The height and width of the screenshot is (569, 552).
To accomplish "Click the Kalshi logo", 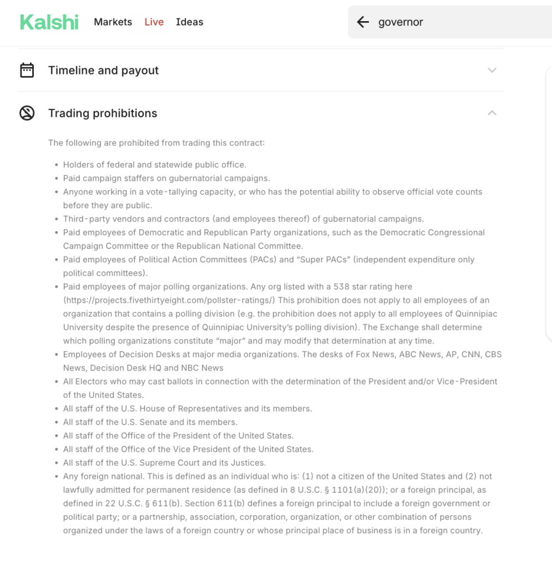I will pos(49,22).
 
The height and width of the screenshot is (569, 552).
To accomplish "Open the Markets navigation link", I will pos(113,22).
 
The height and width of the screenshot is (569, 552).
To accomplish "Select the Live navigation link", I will pos(154,22).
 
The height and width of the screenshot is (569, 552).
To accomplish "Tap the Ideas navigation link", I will pos(189,22).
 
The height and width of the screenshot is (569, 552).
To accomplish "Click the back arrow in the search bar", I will pos(363,22).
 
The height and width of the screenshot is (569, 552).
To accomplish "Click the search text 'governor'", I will pos(401,23).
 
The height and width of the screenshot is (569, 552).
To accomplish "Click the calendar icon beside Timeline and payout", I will pos(27,70).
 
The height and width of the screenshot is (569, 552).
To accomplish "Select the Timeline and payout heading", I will pos(103,71).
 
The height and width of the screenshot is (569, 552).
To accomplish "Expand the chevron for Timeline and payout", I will pos(492,71).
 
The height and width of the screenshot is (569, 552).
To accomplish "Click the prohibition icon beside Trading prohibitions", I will pos(27,113).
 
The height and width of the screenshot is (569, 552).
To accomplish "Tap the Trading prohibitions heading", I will pos(103,113).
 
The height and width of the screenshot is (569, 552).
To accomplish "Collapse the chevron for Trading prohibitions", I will pos(492,113).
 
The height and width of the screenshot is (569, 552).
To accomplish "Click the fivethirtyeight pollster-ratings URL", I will pos(169,300).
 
